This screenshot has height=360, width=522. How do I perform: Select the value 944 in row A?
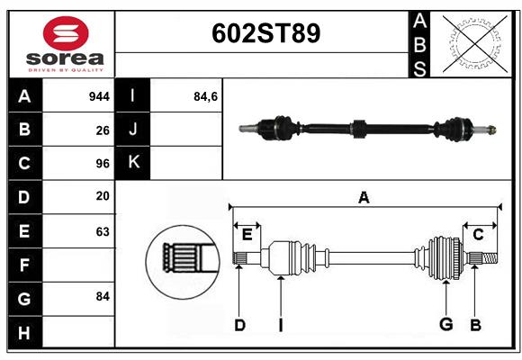coord(99,95)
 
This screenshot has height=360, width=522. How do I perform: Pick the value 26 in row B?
coord(103,130)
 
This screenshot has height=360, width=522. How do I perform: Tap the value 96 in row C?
coord(103,164)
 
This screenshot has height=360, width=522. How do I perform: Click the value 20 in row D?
coord(103,196)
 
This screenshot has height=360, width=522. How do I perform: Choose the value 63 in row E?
coord(103,230)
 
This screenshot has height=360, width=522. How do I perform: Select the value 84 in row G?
coord(103,296)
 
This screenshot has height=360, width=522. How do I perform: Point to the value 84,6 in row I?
coord(205,95)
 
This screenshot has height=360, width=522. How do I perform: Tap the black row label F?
coord(24,265)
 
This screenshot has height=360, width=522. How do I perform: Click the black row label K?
coord(133,163)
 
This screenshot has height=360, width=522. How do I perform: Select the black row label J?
coord(133,130)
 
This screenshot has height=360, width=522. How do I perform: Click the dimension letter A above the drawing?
coord(364,197)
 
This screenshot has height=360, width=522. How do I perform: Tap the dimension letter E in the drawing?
coord(247,235)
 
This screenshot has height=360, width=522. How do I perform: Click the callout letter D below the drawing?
coord(239,325)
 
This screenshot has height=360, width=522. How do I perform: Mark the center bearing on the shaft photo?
coord(357,128)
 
